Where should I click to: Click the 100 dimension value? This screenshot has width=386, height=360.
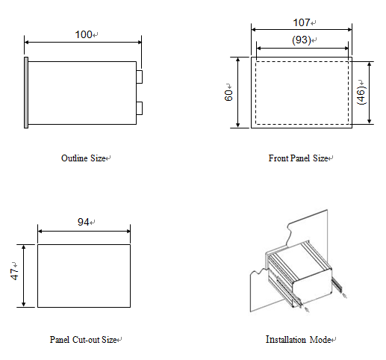tap(84, 34)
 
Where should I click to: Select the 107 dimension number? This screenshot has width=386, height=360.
tap(302, 22)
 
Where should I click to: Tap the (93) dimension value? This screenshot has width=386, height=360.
tap(302, 40)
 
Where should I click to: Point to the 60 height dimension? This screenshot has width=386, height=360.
tap(228, 96)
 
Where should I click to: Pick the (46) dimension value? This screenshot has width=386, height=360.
tap(361, 96)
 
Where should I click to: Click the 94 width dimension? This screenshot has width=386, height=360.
tap(84, 222)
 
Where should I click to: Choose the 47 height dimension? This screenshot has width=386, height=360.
tap(14, 274)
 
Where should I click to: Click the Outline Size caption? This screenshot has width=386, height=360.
tap(84, 158)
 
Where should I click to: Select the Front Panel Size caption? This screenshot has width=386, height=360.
tap(298, 158)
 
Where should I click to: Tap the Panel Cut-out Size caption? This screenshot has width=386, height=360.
tap(84, 340)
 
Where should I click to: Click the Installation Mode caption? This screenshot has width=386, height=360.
tap(298, 339)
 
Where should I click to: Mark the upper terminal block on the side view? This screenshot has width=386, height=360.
tap(139, 77)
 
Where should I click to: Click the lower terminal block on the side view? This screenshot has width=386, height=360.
tap(139, 108)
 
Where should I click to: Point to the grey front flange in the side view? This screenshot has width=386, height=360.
tap(26, 93)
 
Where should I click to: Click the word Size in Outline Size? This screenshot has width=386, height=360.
tap(98, 158)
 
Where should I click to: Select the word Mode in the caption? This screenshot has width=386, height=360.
tap(320, 340)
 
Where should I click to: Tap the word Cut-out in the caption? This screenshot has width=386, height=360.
tap(86, 340)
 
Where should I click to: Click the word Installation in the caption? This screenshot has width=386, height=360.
tap(286, 339)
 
